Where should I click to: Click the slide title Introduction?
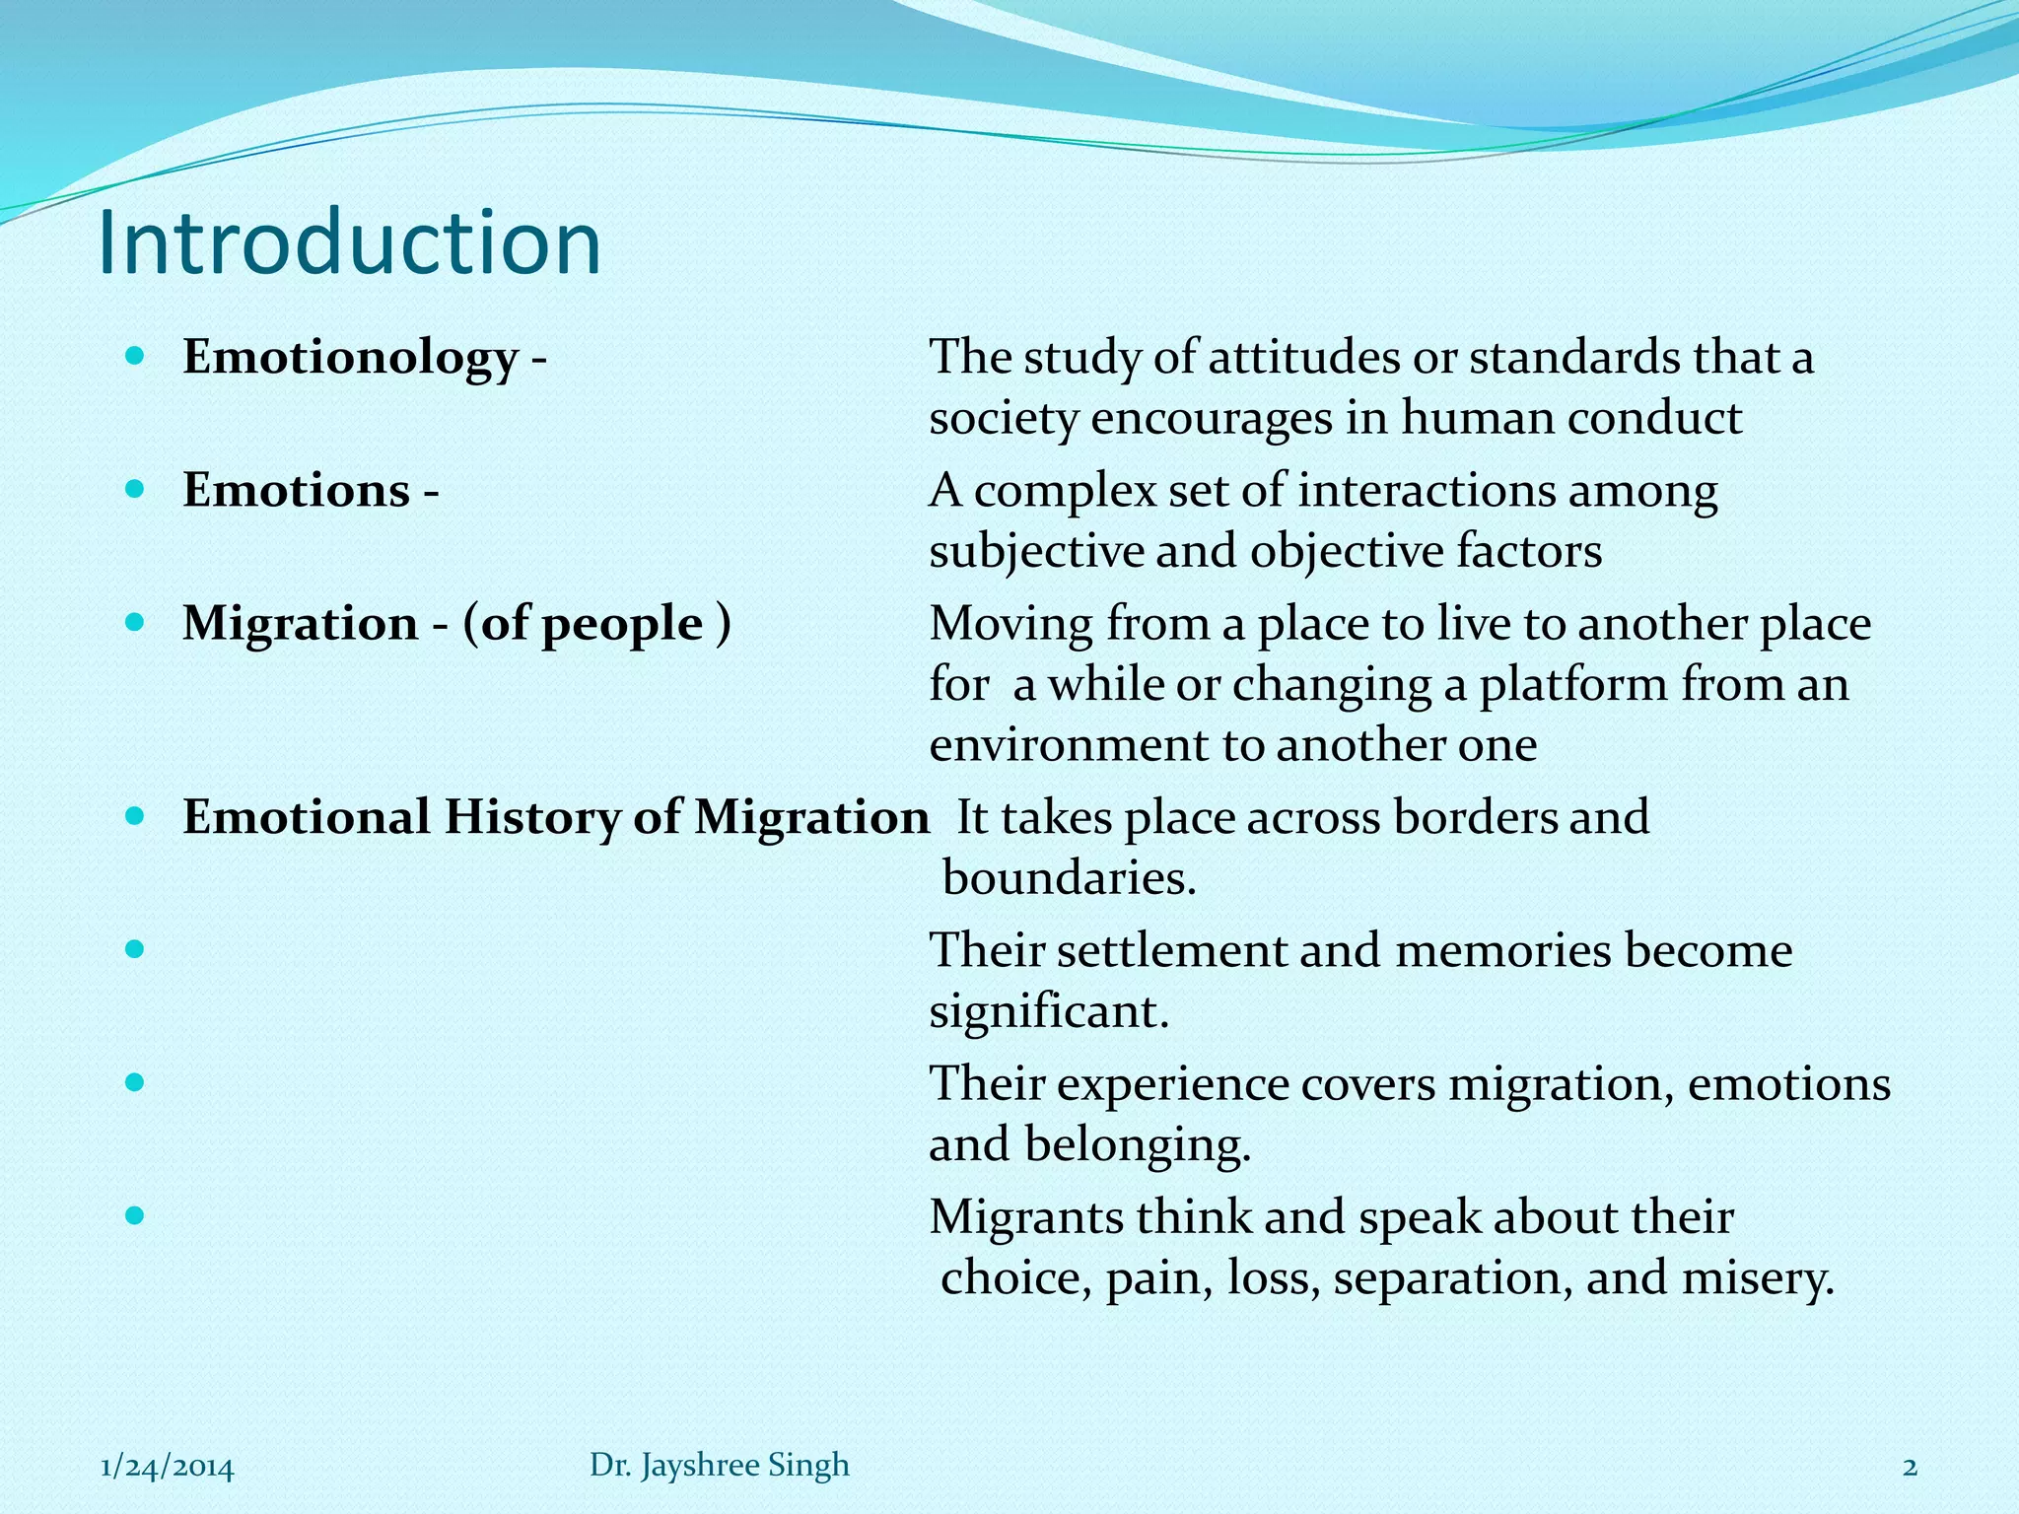click(350, 243)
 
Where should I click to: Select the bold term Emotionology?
click(350, 357)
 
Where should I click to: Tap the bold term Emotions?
click(296, 490)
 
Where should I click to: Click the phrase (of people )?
click(597, 624)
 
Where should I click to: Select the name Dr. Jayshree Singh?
click(720, 1465)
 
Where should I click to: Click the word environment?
click(1068, 745)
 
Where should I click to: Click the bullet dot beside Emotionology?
click(136, 355)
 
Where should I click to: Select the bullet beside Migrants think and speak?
click(136, 1215)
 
